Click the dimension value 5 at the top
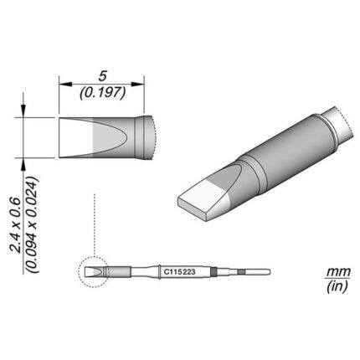point(102,77)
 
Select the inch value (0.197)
point(102,93)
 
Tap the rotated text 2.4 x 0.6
point(16,226)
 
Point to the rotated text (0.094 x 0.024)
point(32,225)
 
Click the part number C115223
point(179,272)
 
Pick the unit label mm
point(338,271)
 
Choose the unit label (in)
point(338,286)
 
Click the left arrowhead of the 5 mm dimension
point(65,84)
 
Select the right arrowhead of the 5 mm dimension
point(137,84)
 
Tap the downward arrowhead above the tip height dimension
point(23,111)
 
